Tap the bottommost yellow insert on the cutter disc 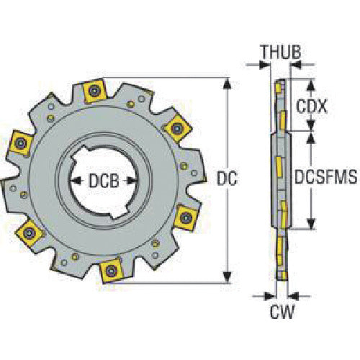pos(112,270)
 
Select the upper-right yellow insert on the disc pos(175,127)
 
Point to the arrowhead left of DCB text pos(74,180)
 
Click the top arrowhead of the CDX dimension pos(311,81)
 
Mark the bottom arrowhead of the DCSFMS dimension pos(311,225)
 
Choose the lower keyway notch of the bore pos(103,213)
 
